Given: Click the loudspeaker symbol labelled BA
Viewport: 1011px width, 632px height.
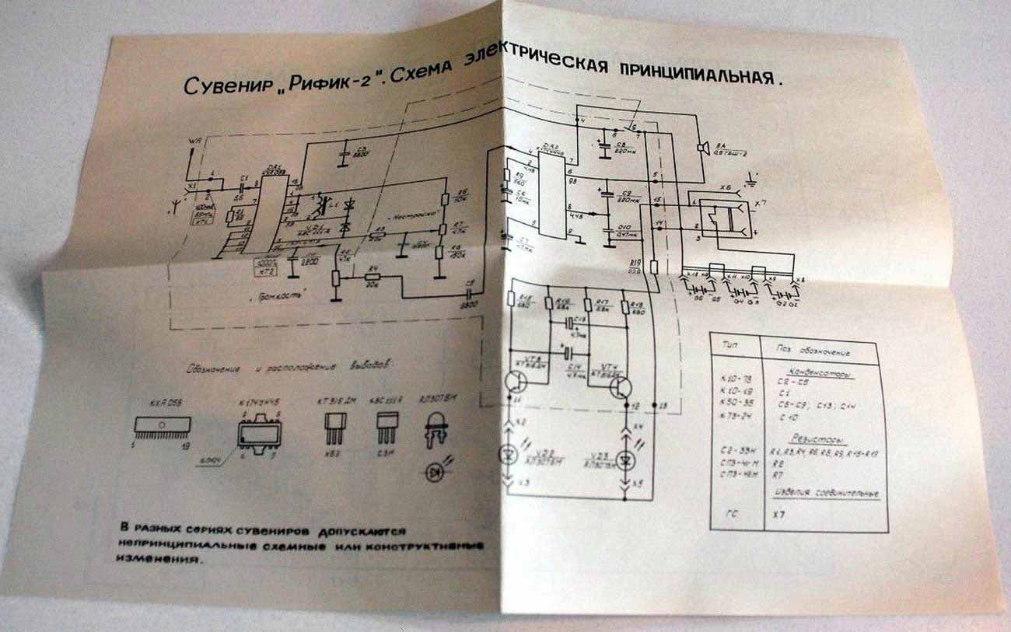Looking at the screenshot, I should (x=702, y=147).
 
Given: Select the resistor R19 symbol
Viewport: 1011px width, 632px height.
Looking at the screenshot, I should (x=654, y=267).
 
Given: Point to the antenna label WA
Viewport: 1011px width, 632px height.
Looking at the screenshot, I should (x=195, y=141).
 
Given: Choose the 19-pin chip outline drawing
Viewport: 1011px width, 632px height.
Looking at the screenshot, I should (x=163, y=424).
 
